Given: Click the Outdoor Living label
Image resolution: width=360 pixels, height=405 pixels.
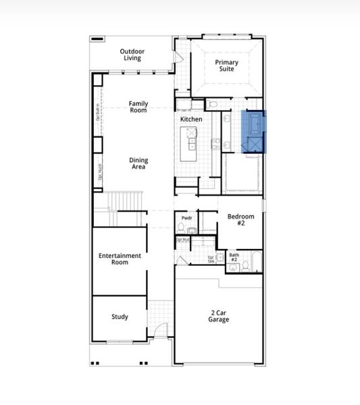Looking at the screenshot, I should (132, 55).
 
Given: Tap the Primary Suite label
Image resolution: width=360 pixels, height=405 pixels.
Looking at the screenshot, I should (227, 66).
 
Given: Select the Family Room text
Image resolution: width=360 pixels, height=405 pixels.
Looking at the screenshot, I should (138, 107).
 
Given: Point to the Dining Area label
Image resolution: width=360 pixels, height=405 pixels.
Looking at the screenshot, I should (138, 164).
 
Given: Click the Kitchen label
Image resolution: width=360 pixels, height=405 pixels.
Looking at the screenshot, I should (191, 119).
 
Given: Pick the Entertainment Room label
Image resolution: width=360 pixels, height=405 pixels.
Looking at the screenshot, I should (120, 259).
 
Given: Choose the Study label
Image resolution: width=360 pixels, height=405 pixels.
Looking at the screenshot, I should (120, 317).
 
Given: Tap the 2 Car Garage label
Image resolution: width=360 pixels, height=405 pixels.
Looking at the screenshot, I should (218, 315).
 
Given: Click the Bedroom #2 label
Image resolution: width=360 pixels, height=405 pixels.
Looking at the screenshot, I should (240, 220).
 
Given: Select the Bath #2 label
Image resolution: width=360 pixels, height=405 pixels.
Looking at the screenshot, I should (234, 257).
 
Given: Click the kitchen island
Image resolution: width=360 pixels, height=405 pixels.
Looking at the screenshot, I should (191, 143).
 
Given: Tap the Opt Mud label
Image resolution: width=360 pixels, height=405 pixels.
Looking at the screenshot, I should (182, 240).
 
